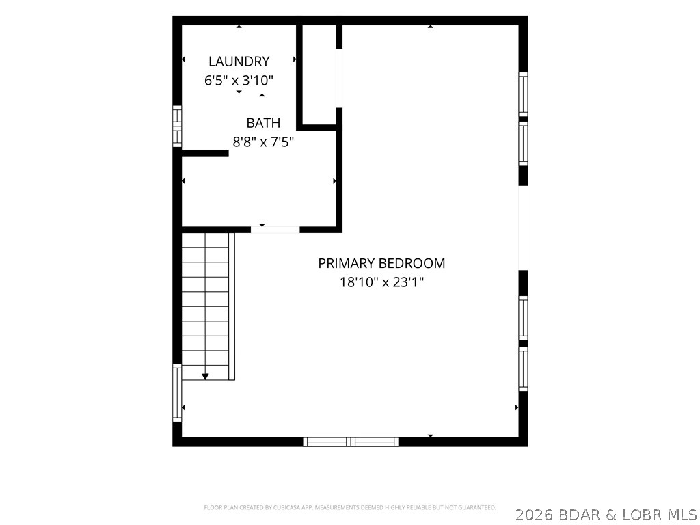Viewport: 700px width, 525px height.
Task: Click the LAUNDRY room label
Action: (x=239, y=61)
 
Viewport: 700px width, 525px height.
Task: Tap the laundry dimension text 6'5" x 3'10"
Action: (x=239, y=81)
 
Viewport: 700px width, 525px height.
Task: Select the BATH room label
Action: (x=263, y=123)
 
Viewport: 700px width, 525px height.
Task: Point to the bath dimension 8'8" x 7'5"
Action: (x=263, y=142)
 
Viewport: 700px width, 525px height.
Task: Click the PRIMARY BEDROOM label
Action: (x=381, y=263)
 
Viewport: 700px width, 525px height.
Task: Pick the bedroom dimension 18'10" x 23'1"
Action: (x=381, y=282)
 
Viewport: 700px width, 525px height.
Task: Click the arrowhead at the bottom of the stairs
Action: (x=205, y=377)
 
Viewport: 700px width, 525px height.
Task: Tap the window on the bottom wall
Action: (x=351, y=442)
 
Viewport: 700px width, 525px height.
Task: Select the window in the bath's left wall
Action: (x=177, y=126)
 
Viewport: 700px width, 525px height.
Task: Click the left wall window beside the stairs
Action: (x=177, y=393)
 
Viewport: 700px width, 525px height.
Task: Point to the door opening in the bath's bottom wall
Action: (x=275, y=230)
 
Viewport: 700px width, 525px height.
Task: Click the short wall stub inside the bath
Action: (x=205, y=153)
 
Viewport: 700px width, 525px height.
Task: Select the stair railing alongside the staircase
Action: (x=232, y=306)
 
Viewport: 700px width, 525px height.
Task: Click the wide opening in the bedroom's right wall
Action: (x=523, y=228)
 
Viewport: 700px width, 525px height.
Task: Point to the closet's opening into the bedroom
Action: (x=339, y=78)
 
